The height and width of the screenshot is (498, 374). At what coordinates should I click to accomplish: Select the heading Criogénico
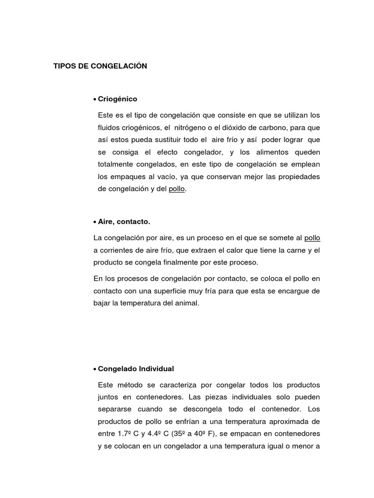click(117, 99)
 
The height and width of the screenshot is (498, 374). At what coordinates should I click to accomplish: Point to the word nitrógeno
click(192, 127)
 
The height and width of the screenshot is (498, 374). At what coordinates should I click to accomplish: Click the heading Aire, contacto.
click(124, 222)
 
